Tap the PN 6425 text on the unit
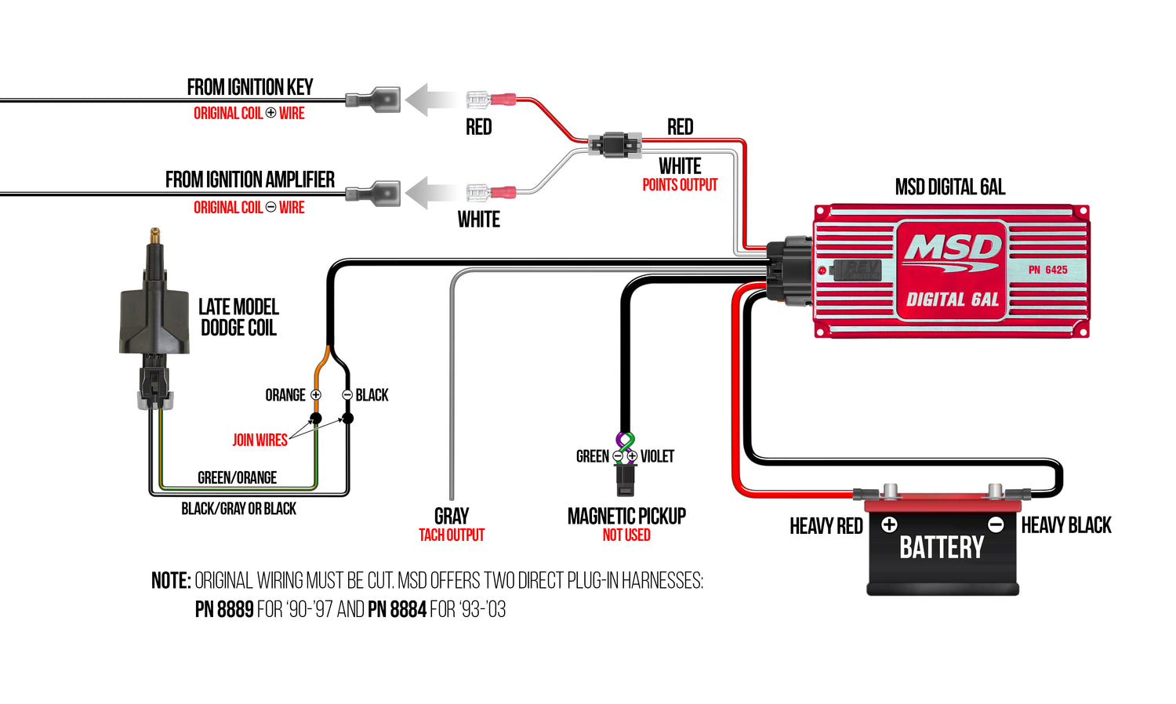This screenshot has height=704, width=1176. click(1047, 270)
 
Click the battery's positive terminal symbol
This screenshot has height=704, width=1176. click(889, 524)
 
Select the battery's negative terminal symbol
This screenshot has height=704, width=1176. click(996, 524)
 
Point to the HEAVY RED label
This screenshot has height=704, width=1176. click(826, 526)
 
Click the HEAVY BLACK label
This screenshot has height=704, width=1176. click(1066, 525)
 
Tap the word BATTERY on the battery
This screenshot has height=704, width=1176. click(941, 547)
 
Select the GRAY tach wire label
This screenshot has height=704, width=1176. click(452, 516)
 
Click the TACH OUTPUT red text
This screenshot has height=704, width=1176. click(452, 535)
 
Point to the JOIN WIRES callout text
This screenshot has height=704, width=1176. click(260, 441)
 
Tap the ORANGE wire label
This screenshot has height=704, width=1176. click(285, 395)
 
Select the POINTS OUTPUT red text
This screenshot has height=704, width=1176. click(680, 185)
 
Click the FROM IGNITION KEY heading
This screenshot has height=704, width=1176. click(249, 87)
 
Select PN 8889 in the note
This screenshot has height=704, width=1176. click(224, 609)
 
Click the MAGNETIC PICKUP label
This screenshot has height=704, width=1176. click(626, 516)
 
